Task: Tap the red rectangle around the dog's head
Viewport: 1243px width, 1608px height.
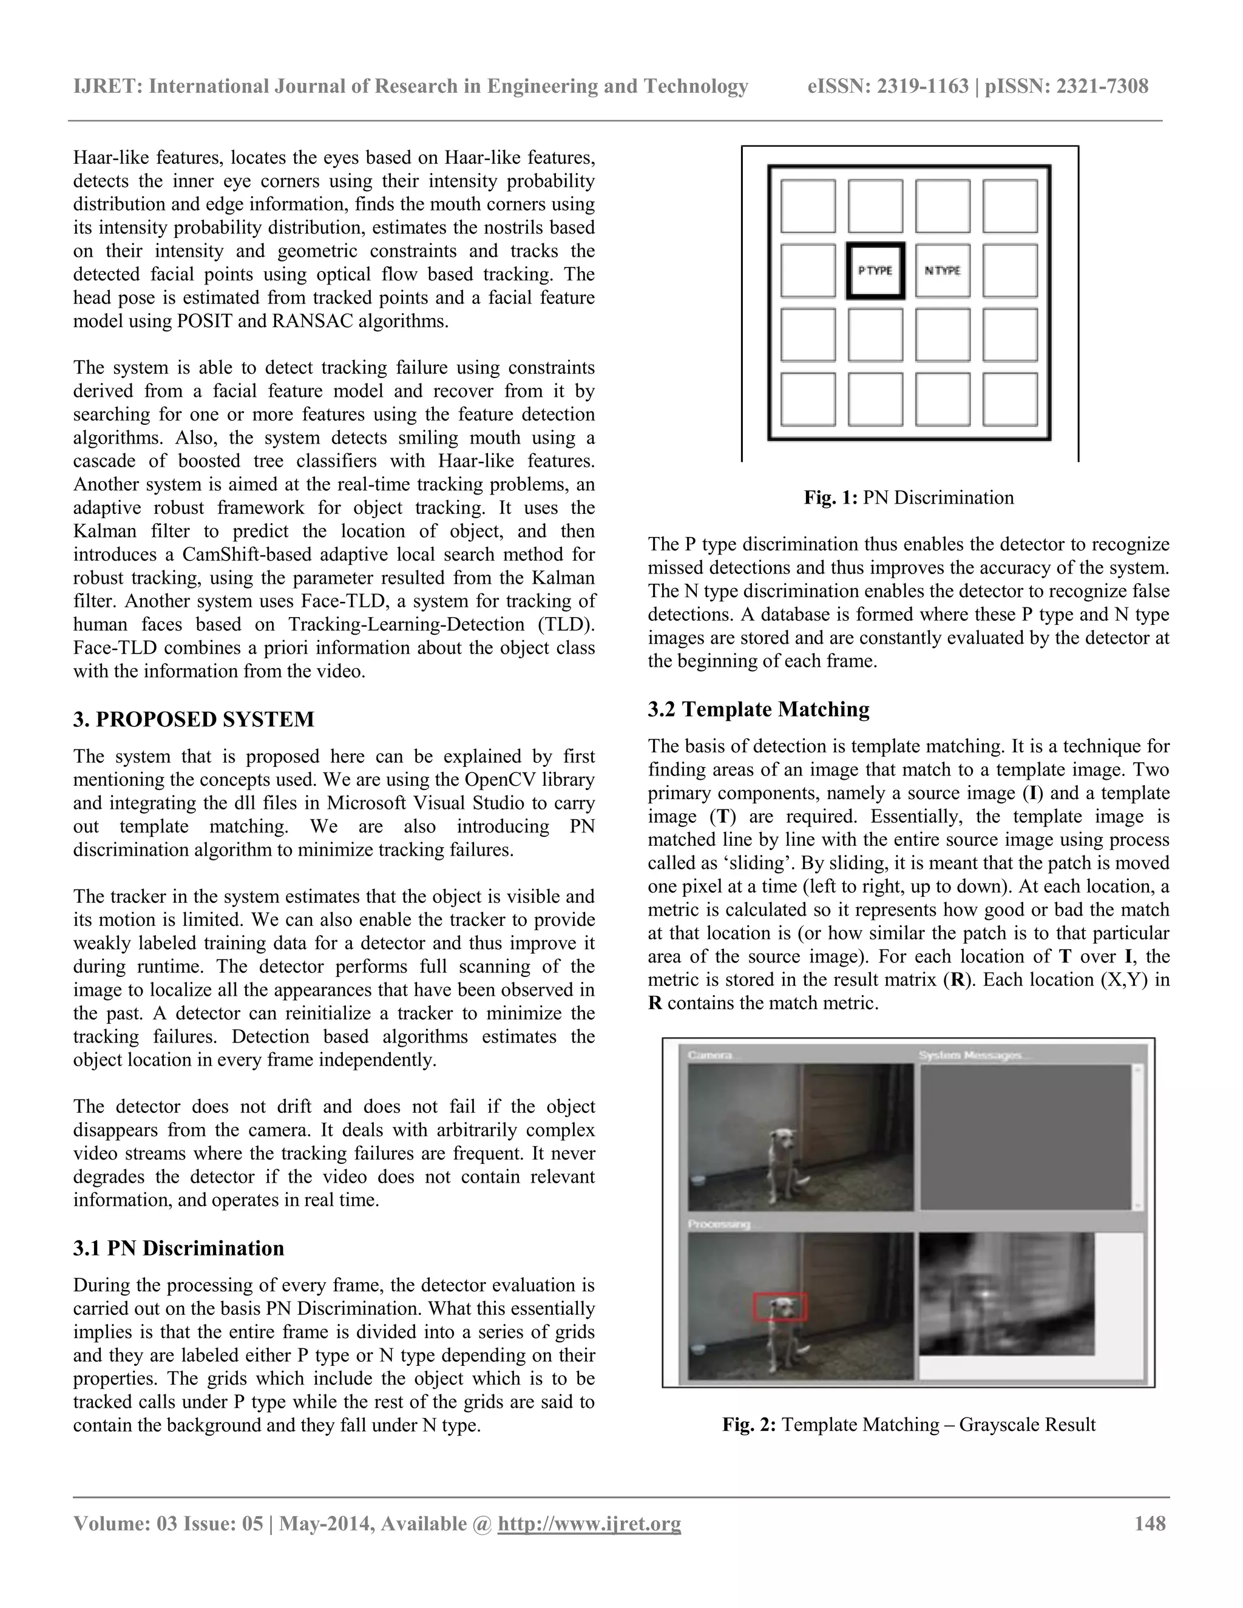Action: click(781, 1306)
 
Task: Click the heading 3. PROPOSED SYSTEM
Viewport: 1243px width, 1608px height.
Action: click(194, 719)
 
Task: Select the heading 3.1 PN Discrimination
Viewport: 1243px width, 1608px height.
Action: click(178, 1248)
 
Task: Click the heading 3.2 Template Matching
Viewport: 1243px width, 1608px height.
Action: click(759, 709)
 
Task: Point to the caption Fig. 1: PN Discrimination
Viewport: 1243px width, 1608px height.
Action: click(908, 498)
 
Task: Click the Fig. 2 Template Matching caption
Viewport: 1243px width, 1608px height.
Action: click(908, 1425)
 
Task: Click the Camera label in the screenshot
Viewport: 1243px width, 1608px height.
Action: click(710, 1056)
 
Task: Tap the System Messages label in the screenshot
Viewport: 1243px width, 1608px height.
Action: click(970, 1056)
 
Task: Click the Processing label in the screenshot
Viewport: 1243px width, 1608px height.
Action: click(719, 1224)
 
